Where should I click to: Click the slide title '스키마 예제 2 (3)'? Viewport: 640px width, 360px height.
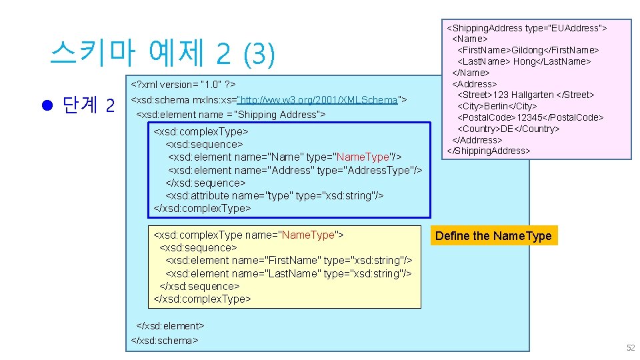point(162,54)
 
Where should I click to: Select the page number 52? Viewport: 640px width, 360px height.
point(630,348)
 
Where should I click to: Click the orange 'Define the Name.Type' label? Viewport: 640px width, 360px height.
point(493,236)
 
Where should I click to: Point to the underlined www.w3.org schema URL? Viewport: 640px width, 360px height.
point(319,100)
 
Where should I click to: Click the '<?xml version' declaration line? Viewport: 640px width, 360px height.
point(183,85)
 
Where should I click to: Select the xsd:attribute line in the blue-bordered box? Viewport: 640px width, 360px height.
point(274,195)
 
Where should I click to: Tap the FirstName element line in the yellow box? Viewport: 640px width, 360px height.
point(289,260)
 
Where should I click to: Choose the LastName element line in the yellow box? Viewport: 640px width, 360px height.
point(288,273)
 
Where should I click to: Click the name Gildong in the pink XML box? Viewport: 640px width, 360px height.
point(531,50)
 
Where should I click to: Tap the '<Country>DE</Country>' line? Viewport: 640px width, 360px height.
point(508,129)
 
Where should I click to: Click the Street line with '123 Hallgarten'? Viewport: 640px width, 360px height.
point(525,95)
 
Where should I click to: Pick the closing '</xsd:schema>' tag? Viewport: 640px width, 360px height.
point(165,340)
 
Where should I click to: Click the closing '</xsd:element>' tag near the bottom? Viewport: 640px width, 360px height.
point(170,326)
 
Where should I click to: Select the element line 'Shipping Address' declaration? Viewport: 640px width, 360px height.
point(231,115)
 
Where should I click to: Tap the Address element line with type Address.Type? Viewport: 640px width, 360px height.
point(295,170)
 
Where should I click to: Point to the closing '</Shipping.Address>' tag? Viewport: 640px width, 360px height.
point(489,151)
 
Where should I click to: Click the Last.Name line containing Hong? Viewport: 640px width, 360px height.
point(525,61)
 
